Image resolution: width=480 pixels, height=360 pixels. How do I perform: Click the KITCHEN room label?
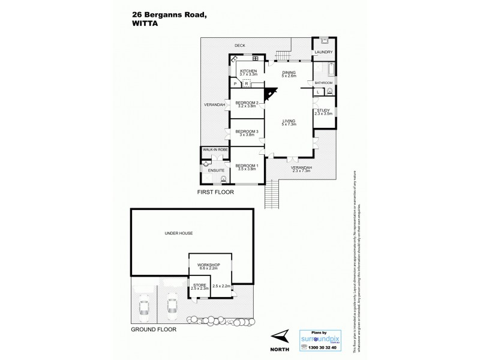[x=248, y=71]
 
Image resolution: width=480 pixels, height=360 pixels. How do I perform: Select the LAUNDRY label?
[x=323, y=52]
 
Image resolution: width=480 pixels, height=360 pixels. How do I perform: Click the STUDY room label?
[x=323, y=110]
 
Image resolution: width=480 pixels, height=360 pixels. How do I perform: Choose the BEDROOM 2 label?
[x=247, y=103]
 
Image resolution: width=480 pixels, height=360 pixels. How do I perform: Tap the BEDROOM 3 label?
[x=247, y=131]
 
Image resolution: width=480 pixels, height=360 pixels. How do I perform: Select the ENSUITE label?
[x=216, y=171]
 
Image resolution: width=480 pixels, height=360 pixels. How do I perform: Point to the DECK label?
[x=240, y=45]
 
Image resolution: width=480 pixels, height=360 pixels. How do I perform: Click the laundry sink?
[x=323, y=41]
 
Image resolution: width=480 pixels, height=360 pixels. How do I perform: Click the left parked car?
[x=145, y=307]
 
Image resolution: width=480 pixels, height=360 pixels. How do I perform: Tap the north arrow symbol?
[x=279, y=337]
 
